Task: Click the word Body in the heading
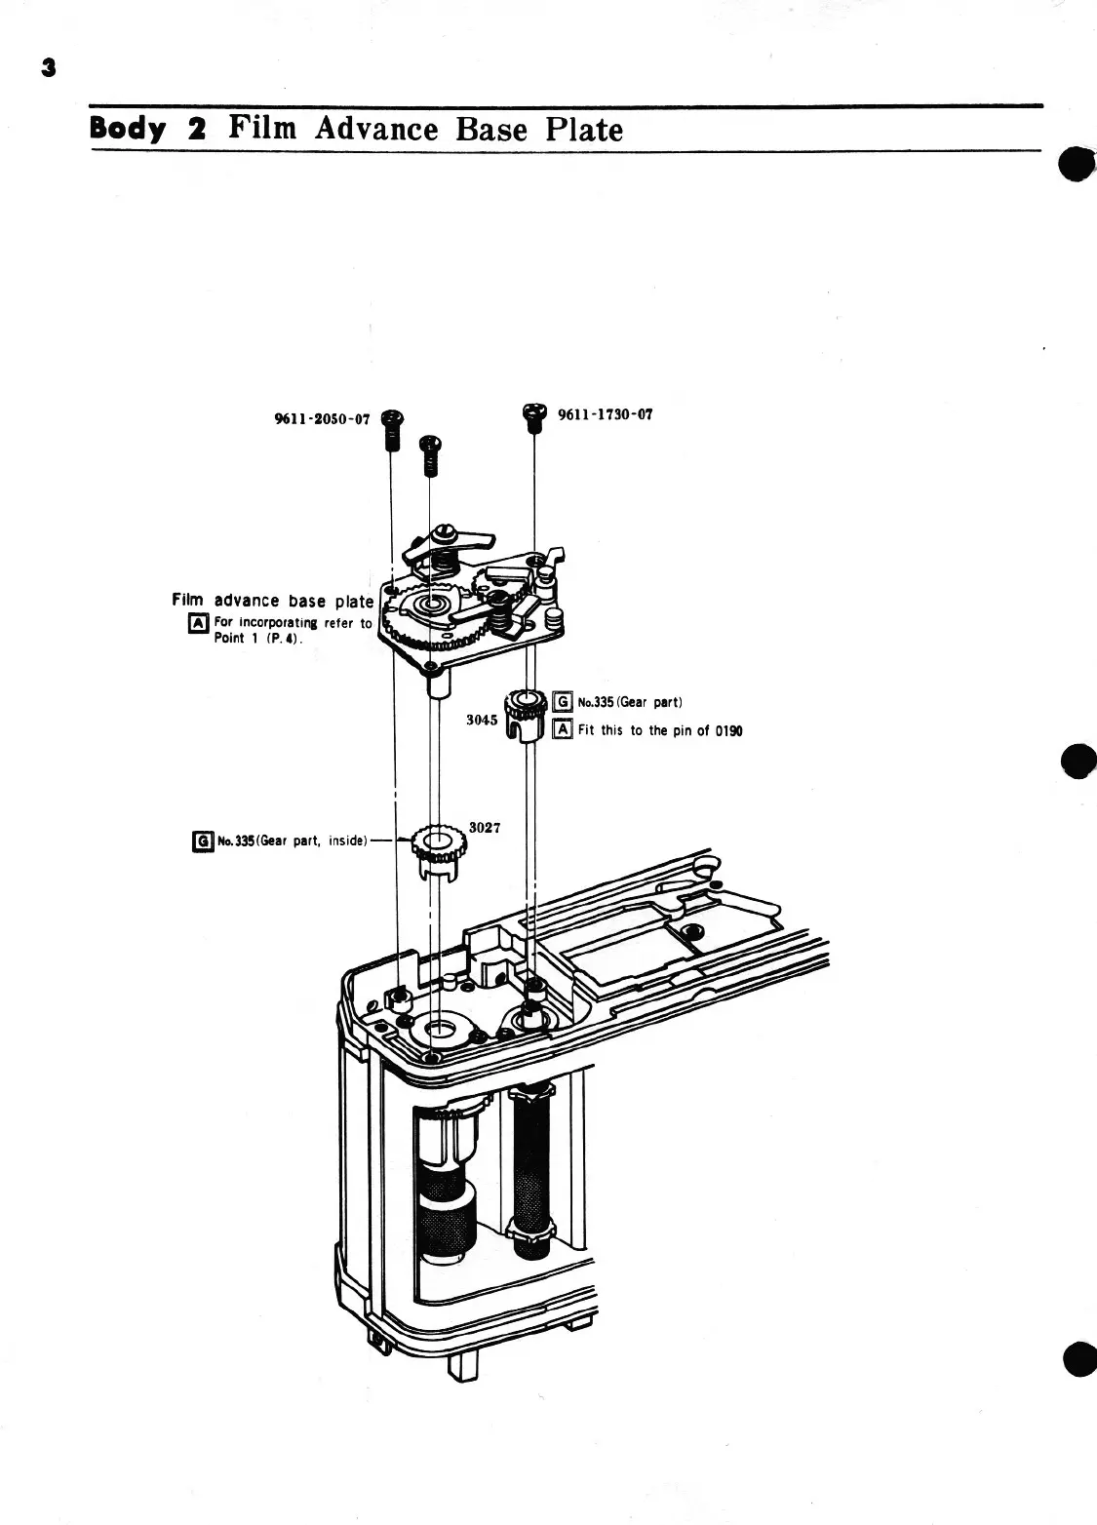point(128,130)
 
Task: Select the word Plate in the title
point(583,129)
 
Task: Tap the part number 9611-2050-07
point(323,419)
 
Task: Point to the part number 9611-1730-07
point(605,414)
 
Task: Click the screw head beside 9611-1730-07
point(533,412)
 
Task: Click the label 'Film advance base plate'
point(272,601)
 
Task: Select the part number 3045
point(482,720)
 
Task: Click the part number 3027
point(485,827)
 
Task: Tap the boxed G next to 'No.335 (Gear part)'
point(562,702)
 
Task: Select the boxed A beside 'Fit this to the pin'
point(562,729)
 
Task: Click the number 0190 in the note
point(727,730)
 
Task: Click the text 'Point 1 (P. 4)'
point(256,640)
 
